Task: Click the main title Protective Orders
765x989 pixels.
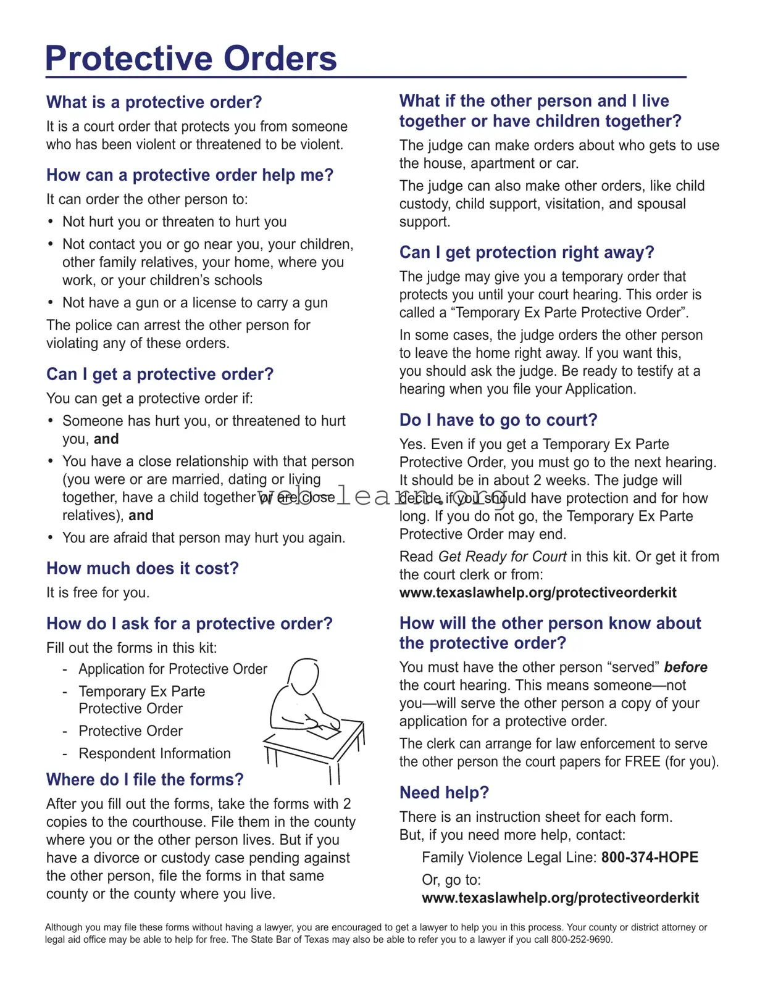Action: (x=191, y=59)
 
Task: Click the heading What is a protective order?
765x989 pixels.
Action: (x=154, y=102)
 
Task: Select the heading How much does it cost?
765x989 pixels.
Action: (x=142, y=568)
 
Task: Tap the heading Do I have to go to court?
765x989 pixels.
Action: (x=498, y=420)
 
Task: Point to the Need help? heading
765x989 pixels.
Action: (x=444, y=793)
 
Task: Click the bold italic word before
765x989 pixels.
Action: (x=685, y=668)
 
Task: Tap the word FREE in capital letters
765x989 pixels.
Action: (x=642, y=762)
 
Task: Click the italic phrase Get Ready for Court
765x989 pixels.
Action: (x=502, y=557)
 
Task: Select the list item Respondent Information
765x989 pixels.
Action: (x=154, y=754)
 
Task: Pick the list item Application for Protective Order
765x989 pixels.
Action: (x=173, y=669)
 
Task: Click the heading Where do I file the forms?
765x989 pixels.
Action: (x=144, y=780)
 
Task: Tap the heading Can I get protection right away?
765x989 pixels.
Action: (x=526, y=253)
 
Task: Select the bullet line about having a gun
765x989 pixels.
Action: (x=194, y=303)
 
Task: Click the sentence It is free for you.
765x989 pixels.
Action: (x=98, y=593)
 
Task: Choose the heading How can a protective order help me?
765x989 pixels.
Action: (x=190, y=175)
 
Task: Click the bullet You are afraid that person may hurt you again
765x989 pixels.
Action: (x=203, y=538)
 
